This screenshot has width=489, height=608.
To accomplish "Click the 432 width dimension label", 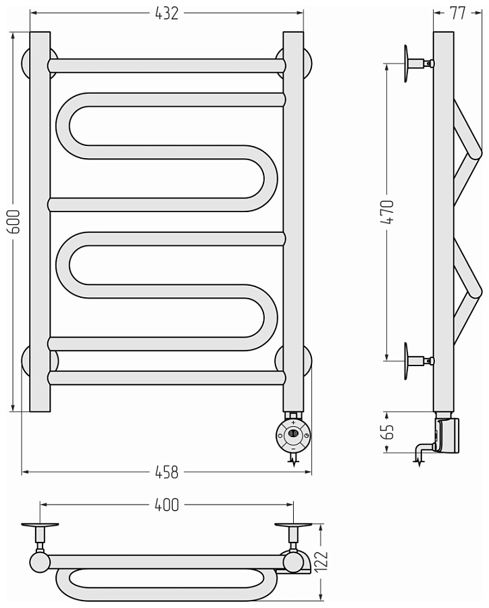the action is click(x=166, y=14).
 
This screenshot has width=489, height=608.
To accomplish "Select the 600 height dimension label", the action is click(x=15, y=222).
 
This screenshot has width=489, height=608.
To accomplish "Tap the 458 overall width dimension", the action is click(x=166, y=472).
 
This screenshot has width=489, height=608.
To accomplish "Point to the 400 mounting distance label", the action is click(x=167, y=505).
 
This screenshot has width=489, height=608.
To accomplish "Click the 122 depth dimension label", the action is click(x=321, y=560).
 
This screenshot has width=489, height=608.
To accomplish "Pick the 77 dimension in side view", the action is click(x=457, y=14).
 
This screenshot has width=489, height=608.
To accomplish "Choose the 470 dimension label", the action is click(x=387, y=212).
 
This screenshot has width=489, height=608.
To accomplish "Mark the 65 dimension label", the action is click(x=388, y=432).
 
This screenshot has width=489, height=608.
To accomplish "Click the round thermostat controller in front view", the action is click(x=293, y=436).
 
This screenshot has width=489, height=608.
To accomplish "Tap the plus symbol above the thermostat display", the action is click(x=293, y=422).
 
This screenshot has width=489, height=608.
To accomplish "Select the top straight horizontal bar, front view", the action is click(x=167, y=66).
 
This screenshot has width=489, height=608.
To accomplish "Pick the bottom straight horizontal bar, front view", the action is click(x=167, y=378).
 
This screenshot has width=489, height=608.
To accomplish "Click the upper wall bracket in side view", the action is click(x=418, y=64).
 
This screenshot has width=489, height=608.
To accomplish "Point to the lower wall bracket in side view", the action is click(x=418, y=361).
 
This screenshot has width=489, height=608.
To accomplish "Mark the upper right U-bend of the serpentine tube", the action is click(x=263, y=178).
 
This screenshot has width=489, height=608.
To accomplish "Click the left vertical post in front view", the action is click(x=40, y=222).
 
